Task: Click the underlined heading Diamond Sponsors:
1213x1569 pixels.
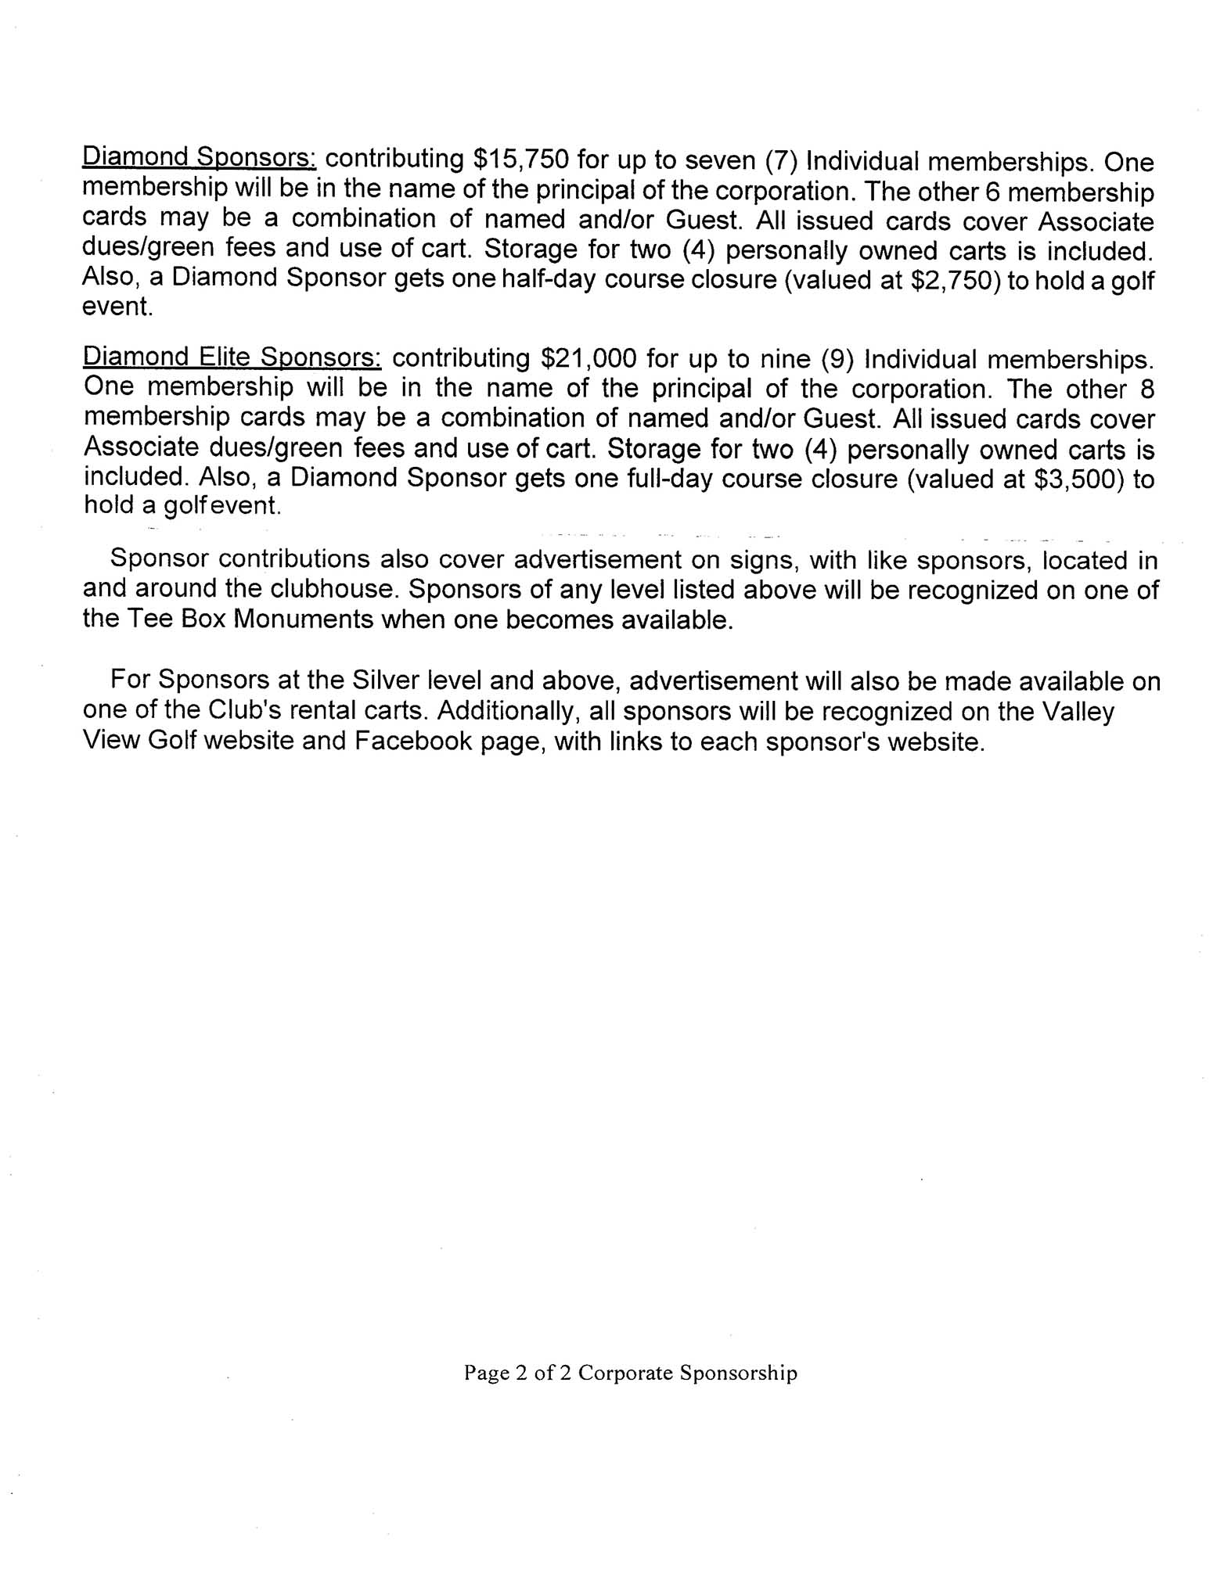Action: point(199,159)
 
